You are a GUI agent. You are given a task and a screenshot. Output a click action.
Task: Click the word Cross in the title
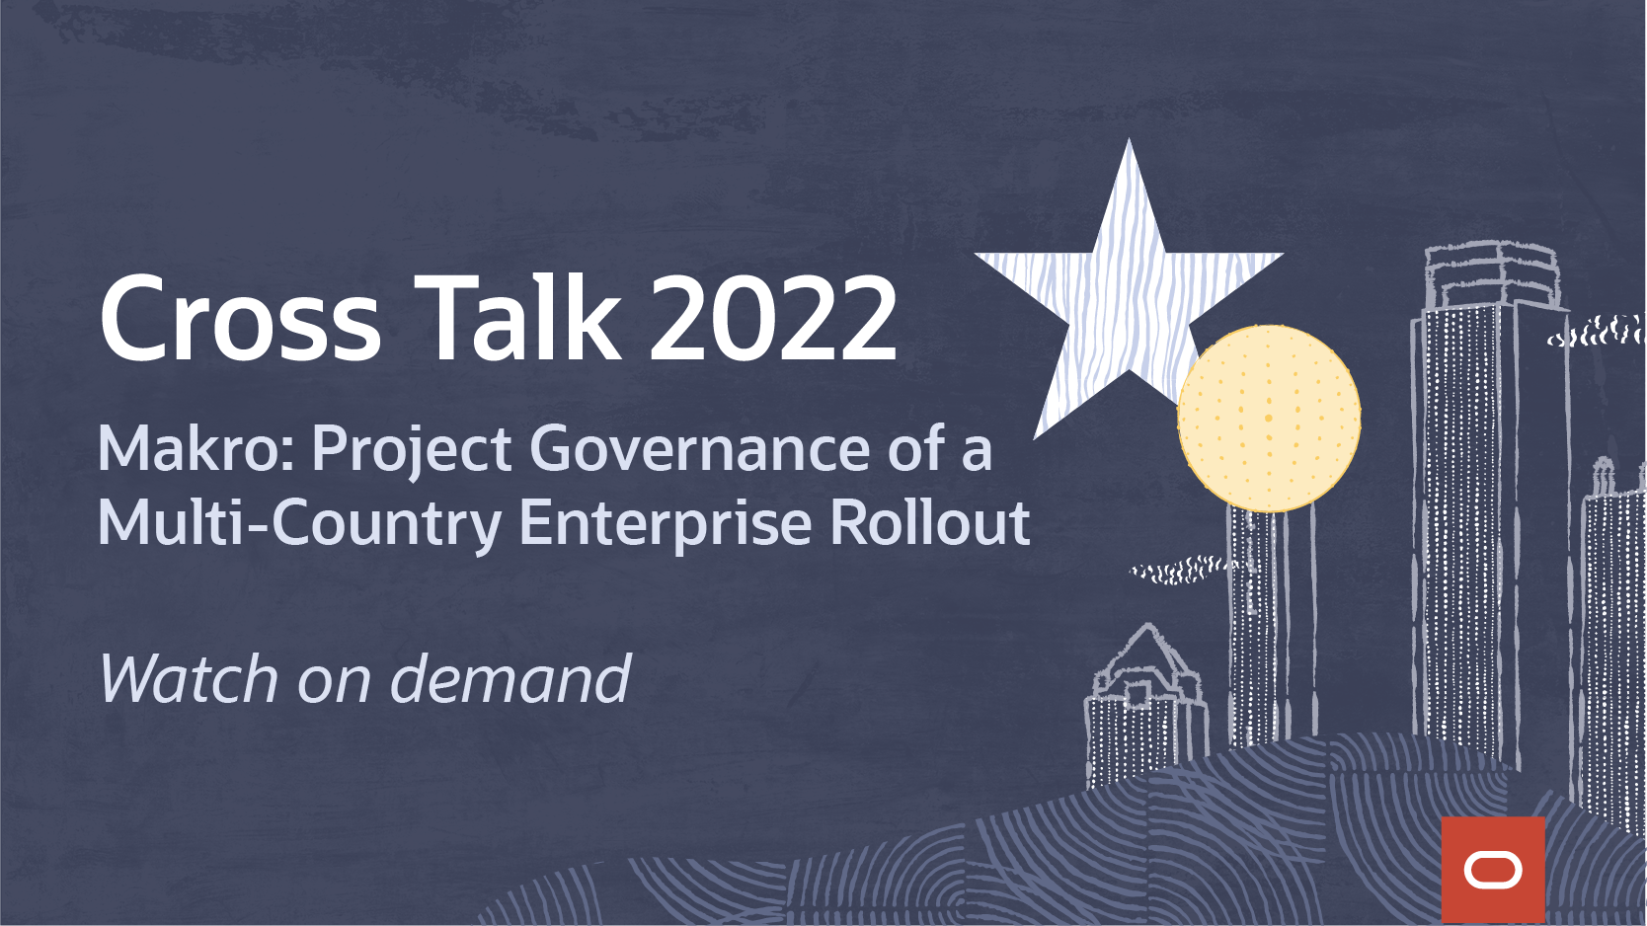240,317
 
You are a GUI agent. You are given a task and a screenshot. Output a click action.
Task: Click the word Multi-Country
299,525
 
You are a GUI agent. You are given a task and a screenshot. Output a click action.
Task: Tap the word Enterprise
665,525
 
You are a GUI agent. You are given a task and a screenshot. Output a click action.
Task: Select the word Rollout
929,521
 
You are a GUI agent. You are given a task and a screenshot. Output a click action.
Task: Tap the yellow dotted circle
1269,418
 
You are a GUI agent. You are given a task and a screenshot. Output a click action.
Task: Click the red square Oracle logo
1493,870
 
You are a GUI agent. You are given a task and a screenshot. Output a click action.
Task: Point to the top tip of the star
1129,139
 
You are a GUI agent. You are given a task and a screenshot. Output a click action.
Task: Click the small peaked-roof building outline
1145,706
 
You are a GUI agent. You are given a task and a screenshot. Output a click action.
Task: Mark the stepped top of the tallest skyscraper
1493,276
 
